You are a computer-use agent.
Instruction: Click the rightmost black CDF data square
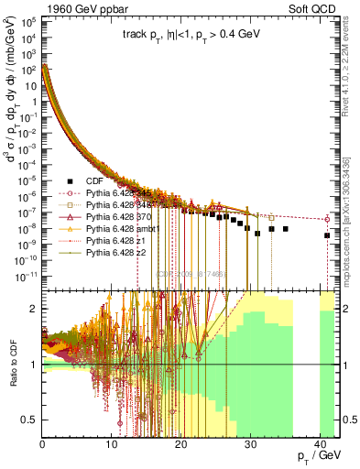click(x=327, y=235)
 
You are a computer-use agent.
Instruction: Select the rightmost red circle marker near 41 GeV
click(x=328, y=219)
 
